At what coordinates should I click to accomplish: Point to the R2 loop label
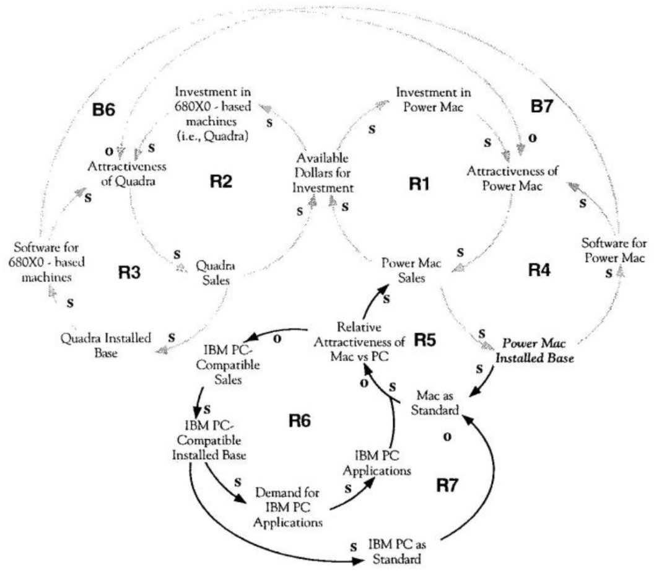pos(220,182)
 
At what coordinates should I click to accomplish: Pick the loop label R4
pos(542,270)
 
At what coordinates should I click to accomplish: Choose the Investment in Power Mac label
pos(434,100)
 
